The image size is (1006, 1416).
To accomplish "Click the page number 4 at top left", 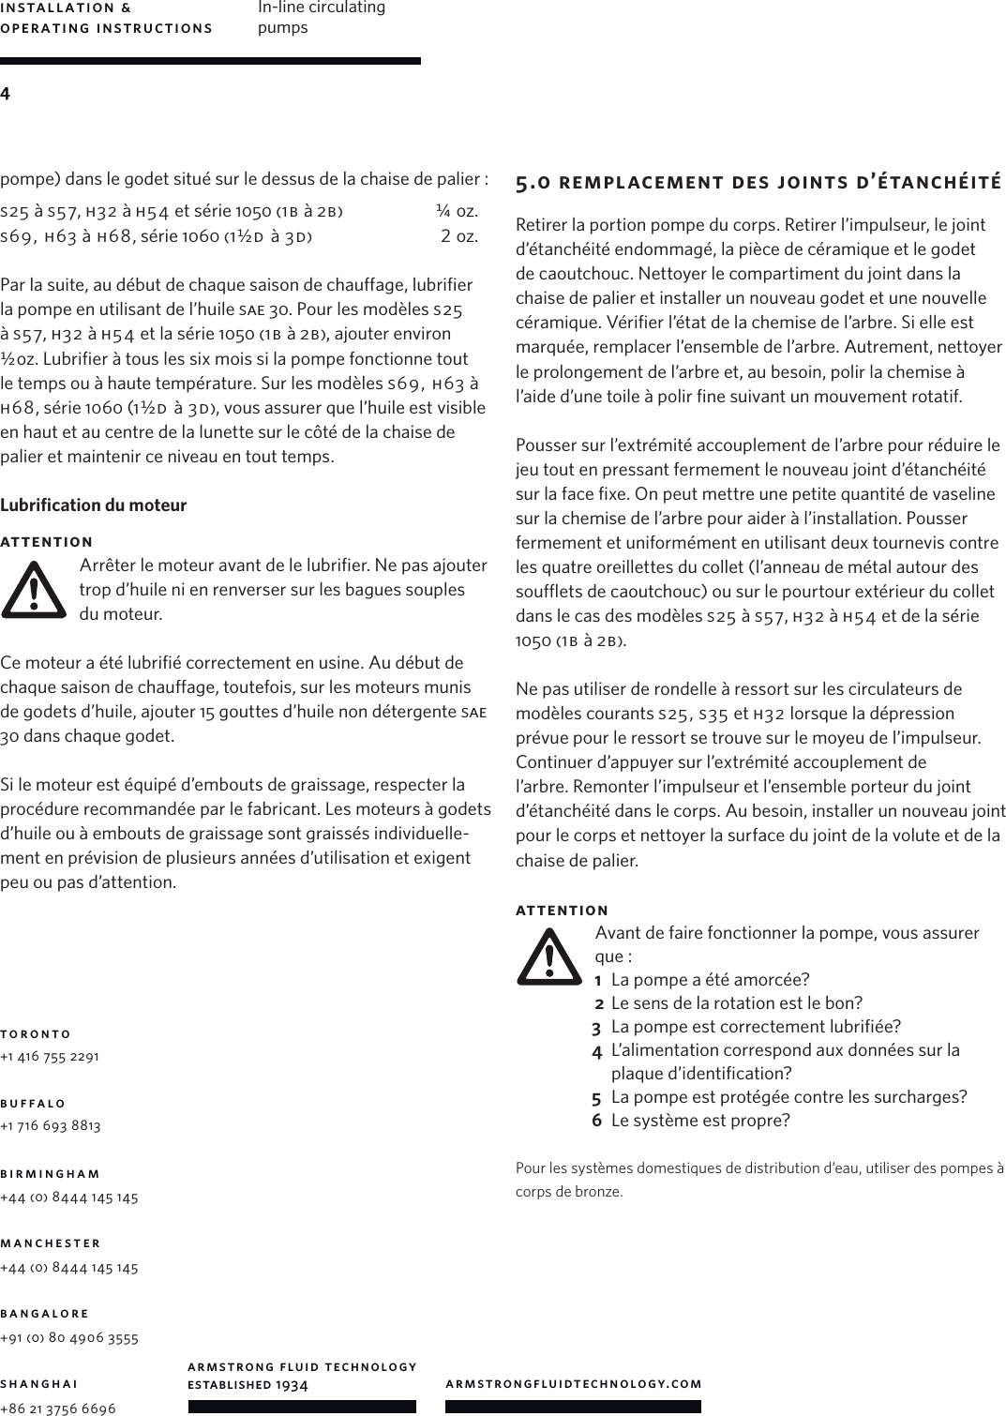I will (x=6, y=94).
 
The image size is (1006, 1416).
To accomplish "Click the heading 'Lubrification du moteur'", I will (x=94, y=505).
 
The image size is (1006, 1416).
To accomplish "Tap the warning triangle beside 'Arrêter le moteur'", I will (x=34, y=590).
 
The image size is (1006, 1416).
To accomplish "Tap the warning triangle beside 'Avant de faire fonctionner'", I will (x=548, y=957).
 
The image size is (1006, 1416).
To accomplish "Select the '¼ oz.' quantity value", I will (x=457, y=209).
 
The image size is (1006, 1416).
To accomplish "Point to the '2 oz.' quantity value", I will (x=459, y=234).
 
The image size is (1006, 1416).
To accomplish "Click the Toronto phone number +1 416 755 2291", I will (x=51, y=1056).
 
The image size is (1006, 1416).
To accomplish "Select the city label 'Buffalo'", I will (x=34, y=1103).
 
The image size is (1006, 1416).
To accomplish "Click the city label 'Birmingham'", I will (x=51, y=1173).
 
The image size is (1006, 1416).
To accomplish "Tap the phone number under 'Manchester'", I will (x=69, y=1268).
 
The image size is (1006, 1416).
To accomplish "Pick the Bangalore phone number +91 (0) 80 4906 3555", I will (x=69, y=1338).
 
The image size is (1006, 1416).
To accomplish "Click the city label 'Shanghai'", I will (x=38, y=1383).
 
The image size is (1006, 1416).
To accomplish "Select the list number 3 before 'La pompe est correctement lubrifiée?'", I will (x=596, y=1027).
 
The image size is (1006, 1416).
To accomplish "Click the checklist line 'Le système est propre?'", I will (x=699, y=1121).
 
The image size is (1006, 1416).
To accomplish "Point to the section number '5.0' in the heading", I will (x=533, y=182).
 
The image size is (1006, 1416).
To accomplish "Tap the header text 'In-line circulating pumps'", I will (x=321, y=18).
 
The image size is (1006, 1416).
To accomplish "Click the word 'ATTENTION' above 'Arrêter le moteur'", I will (x=47, y=542).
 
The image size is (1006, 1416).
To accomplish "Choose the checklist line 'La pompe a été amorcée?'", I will (x=710, y=980).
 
